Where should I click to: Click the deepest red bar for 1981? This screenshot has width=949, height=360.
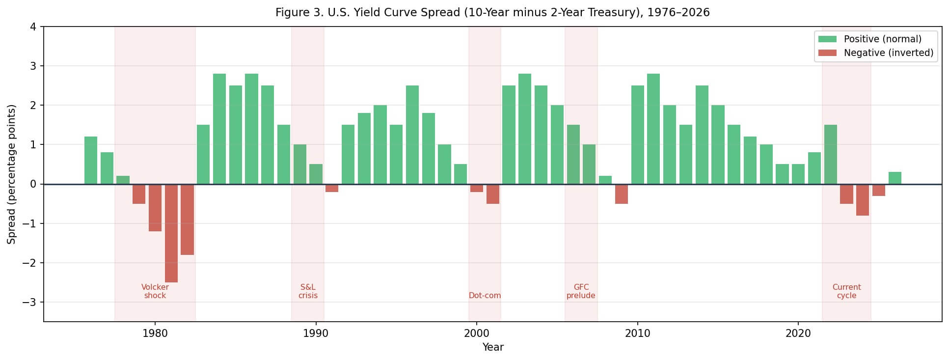171,233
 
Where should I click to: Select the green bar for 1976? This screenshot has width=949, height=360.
91,160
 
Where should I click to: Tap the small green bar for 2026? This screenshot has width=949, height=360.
895,178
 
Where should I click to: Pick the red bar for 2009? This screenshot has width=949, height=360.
621,194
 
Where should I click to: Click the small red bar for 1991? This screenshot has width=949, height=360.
332,188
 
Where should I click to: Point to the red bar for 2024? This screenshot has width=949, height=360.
862,200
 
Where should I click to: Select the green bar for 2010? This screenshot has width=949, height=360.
637,135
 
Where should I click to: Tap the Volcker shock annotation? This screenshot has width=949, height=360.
155,291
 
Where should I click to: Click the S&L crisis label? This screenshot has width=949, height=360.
308,291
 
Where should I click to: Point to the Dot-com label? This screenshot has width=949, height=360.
485,296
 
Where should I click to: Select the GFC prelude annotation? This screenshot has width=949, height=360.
581,291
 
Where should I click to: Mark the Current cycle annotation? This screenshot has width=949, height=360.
846,291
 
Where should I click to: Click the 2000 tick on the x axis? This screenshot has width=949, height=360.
476,333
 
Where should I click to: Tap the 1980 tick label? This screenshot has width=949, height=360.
155,333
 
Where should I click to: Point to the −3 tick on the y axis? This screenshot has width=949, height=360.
29,302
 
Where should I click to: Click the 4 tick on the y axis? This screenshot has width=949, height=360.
33,27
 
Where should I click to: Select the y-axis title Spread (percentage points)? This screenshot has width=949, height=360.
12,174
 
